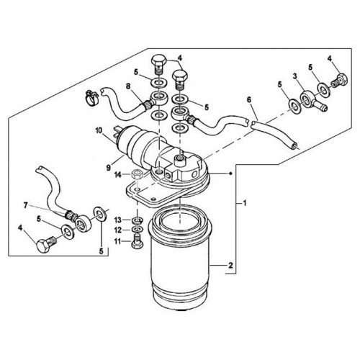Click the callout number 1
245,204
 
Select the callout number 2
230,266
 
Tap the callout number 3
294,76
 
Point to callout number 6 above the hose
249,100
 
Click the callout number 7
25,206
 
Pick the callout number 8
128,86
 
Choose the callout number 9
109,168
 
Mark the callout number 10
99,130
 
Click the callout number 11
117,241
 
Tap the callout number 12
118,230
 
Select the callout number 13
118,220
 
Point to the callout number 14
118,175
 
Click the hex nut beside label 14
138,174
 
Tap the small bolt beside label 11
137,241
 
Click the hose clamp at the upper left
92,97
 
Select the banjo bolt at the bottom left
46,244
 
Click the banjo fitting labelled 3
312,100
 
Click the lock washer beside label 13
138,220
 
